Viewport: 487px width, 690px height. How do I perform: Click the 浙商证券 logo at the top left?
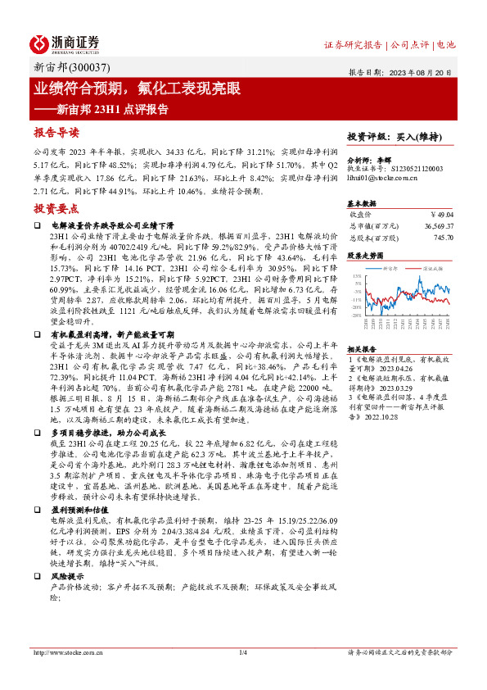pos(65,43)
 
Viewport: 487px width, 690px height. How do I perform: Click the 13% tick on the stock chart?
pos(358,277)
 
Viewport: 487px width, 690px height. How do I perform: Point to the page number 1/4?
pos(243,652)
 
